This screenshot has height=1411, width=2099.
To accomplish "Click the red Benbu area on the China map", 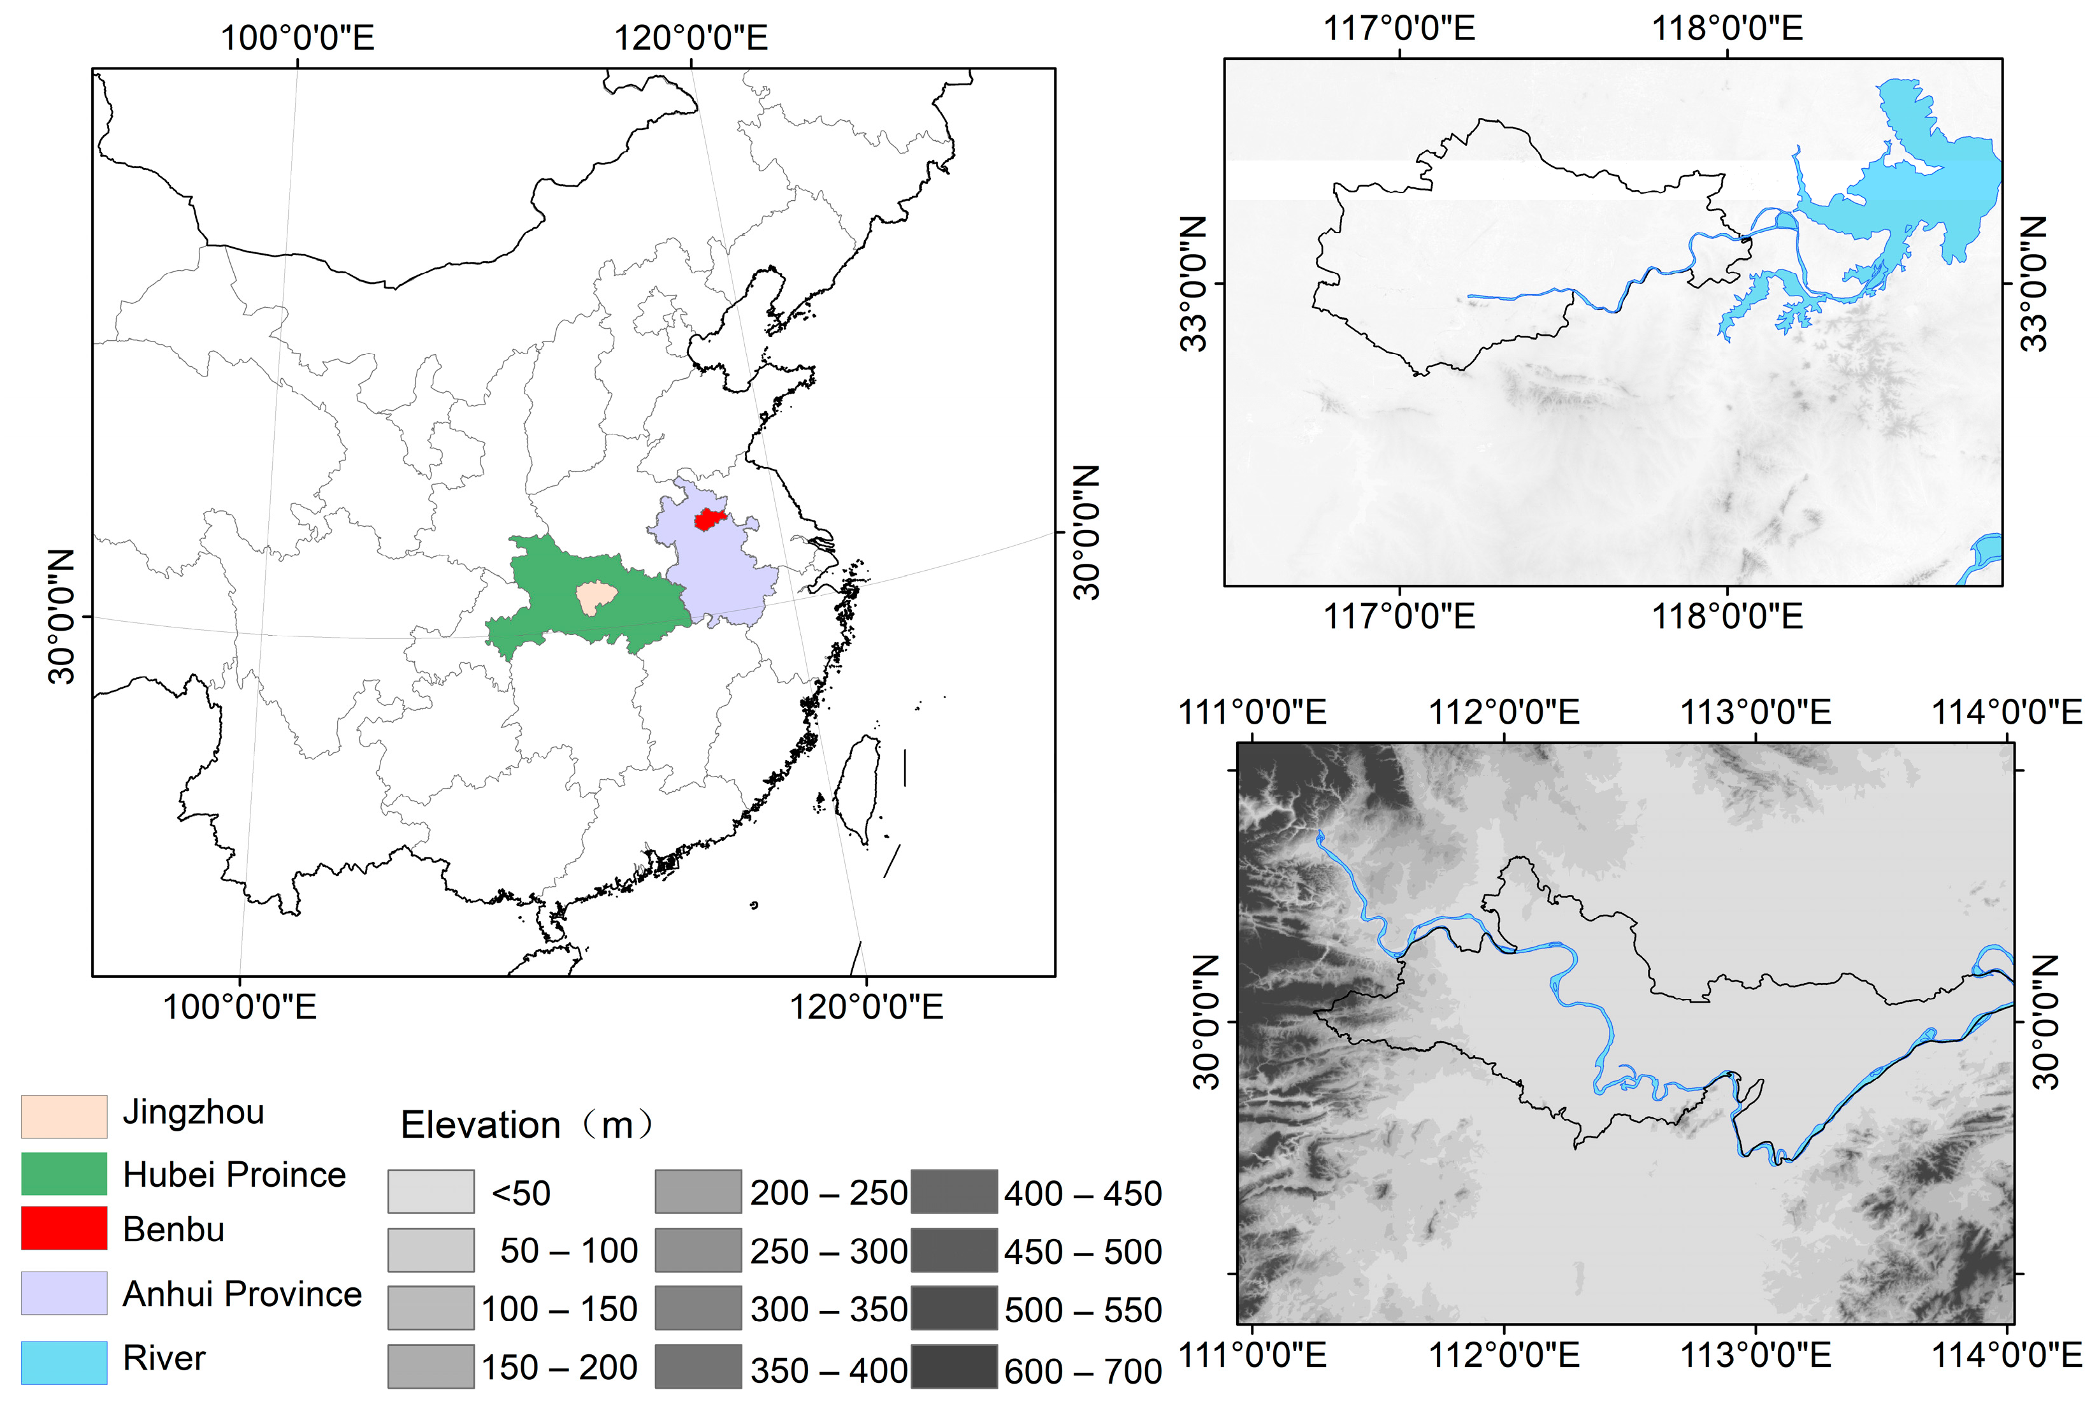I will [x=709, y=519].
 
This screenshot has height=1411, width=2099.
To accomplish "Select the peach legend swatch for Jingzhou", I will [x=64, y=1116].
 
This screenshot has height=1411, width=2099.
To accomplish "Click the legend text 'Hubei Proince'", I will [x=234, y=1174].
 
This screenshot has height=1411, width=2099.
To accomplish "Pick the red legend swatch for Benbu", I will [x=64, y=1228].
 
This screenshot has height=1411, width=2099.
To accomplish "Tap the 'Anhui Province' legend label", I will [x=242, y=1293].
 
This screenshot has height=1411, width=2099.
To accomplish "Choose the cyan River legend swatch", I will [x=64, y=1361].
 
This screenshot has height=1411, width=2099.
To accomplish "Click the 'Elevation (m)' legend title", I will [x=526, y=1125].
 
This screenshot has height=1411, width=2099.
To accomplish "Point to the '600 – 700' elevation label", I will [x=1083, y=1370].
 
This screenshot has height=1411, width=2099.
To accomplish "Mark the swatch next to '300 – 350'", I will [x=698, y=1308].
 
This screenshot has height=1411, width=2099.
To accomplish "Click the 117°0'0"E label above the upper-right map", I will [x=1399, y=29].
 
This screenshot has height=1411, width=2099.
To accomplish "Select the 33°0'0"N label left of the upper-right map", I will [x=1194, y=283].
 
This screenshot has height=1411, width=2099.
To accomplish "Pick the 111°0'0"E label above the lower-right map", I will [x=1252, y=712].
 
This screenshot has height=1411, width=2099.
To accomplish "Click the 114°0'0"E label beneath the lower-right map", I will [x=2007, y=1354].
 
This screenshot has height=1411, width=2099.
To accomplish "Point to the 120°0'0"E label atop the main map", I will [x=690, y=38].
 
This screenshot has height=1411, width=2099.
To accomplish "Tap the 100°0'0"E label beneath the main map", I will [x=240, y=1006].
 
